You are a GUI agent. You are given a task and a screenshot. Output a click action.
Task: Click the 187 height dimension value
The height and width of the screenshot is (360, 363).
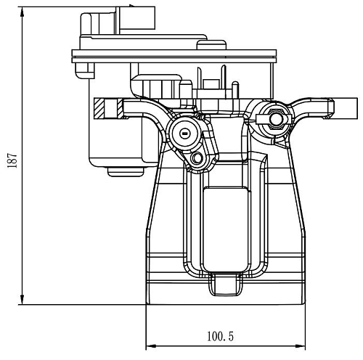[x=12, y=160]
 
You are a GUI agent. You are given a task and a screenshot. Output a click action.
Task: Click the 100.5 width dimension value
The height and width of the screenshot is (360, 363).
[x=220, y=336]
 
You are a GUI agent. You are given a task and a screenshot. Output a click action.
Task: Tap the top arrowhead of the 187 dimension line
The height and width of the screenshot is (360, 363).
[x=23, y=12]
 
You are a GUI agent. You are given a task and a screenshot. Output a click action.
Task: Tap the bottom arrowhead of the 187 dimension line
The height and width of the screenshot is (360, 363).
[x=23, y=300]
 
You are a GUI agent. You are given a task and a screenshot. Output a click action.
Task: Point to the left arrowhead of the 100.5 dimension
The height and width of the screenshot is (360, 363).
[x=151, y=346]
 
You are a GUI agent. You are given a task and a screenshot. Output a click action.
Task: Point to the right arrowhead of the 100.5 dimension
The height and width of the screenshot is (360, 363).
[x=301, y=346]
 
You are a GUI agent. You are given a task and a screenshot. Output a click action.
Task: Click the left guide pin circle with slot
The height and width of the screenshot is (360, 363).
[x=185, y=133]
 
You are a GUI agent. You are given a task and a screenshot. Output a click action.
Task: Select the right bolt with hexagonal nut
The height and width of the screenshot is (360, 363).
[x=274, y=118]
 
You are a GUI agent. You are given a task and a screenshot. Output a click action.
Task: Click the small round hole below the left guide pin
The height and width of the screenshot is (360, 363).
[x=197, y=158]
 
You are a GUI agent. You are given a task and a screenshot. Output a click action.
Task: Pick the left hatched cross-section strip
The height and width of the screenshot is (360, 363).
[x=99, y=108]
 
